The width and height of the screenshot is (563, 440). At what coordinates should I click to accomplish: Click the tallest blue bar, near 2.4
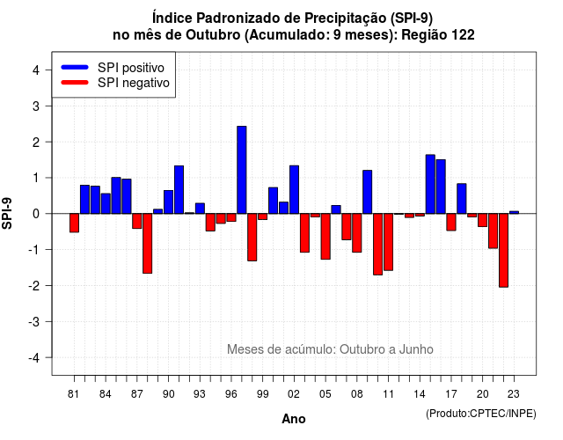pos(242,170)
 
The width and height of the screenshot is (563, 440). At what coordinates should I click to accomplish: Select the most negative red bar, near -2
pos(503,250)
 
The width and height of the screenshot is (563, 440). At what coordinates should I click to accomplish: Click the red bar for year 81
pos(74,223)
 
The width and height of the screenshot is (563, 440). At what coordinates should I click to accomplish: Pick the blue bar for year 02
pos(294,190)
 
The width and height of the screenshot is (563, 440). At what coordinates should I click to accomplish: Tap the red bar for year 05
pos(325,237)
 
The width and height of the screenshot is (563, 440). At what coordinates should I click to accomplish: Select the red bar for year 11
pos(389,242)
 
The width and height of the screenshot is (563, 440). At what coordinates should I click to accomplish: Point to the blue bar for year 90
pos(168,202)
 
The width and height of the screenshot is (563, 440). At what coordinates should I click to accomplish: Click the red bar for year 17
pos(451,222)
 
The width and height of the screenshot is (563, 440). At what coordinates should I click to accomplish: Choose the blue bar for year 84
pos(106,203)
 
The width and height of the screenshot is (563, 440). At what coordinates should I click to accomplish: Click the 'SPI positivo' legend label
pos(131,68)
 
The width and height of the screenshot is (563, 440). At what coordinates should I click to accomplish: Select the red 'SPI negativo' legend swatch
pos(75,83)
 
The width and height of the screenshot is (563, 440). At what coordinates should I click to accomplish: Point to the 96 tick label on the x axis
pos(231,394)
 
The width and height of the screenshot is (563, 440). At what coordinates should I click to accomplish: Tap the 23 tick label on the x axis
pos(514,394)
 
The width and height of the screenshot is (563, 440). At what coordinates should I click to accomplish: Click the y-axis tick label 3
pos(36,106)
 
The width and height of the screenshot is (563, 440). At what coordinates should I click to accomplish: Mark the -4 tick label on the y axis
pos(34,357)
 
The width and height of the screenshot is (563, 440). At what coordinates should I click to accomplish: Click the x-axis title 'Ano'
pos(294,419)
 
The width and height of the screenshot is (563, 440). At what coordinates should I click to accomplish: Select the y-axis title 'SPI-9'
pos(7,213)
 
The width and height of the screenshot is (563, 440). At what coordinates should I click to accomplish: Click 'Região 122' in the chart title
pos(438,35)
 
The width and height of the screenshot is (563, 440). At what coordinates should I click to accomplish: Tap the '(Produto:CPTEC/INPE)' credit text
pos(481,414)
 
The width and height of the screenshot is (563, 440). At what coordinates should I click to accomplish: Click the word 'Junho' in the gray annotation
pos(416,349)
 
